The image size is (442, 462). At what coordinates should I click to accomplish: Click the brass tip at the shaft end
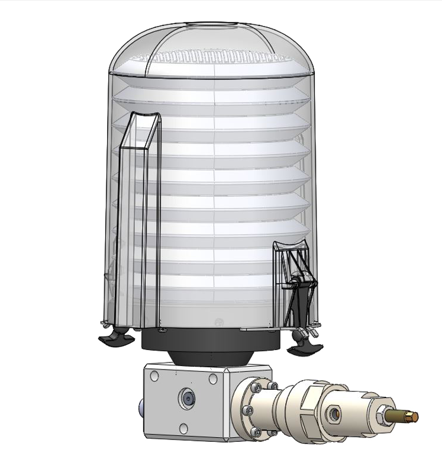(412, 416)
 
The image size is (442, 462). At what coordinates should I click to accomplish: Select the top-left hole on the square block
(154, 375)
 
